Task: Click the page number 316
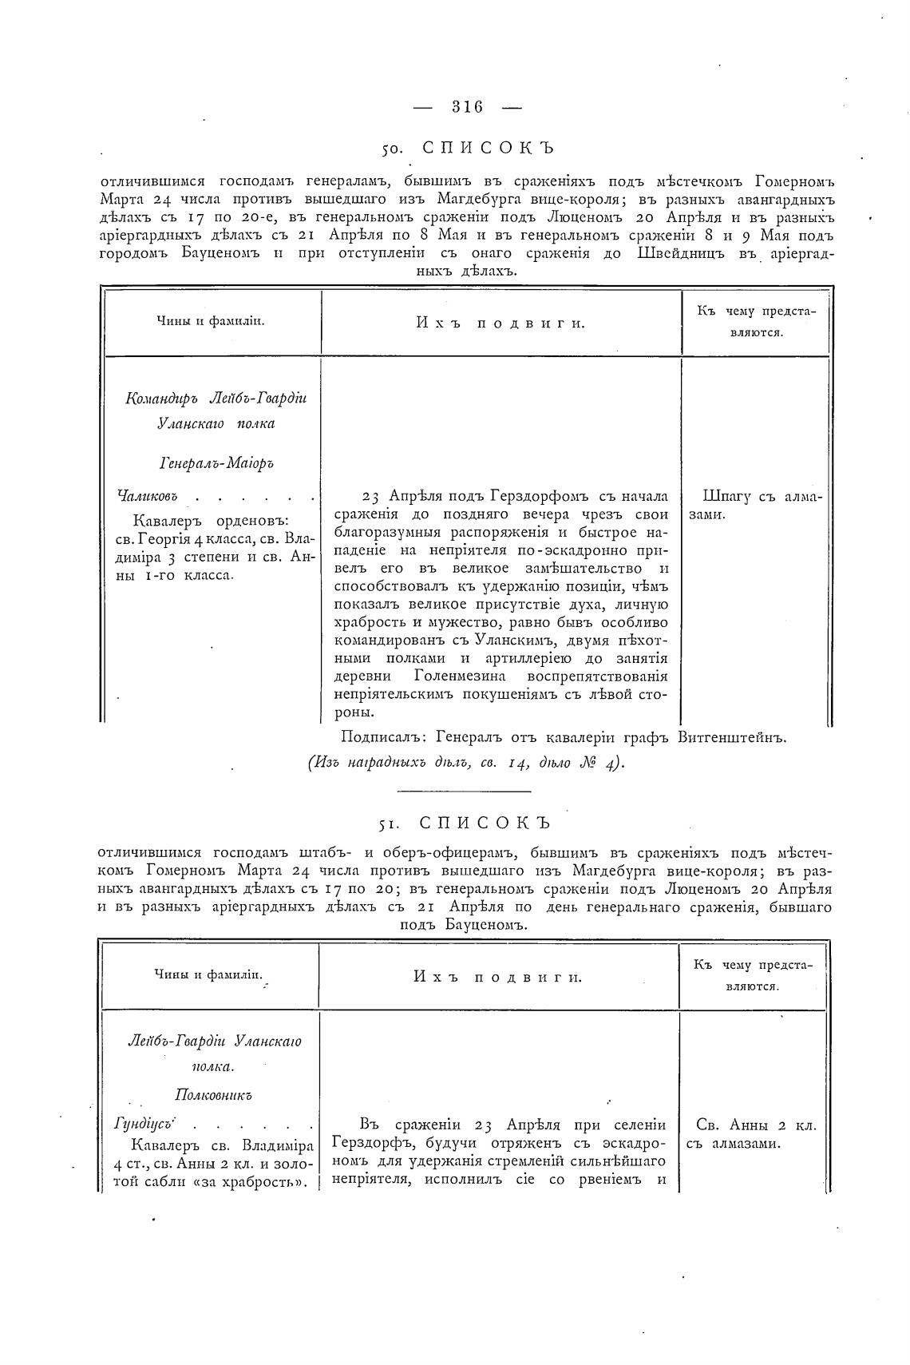click(468, 106)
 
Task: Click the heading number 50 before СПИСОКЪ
click(391, 149)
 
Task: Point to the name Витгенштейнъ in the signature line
click(732, 737)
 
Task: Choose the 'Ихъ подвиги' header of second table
click(498, 976)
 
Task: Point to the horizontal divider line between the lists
click(464, 792)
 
